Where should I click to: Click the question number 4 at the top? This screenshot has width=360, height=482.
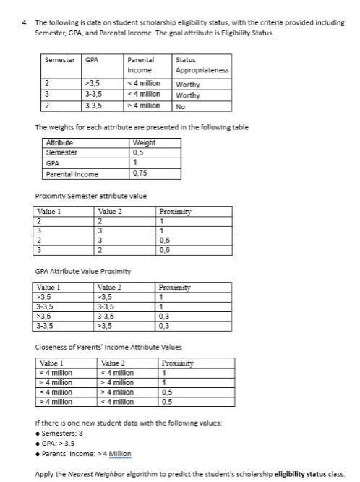25,22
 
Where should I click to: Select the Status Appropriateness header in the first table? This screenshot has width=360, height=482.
202,65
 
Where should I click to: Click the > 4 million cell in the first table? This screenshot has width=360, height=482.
143,106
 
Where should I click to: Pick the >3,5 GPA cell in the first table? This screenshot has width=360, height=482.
93,83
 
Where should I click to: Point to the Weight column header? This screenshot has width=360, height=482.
145,143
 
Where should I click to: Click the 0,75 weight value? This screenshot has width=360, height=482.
140,174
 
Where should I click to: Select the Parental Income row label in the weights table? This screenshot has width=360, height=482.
72,174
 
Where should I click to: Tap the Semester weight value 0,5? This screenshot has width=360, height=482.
138,152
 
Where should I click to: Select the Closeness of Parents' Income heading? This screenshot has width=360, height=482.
108,348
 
